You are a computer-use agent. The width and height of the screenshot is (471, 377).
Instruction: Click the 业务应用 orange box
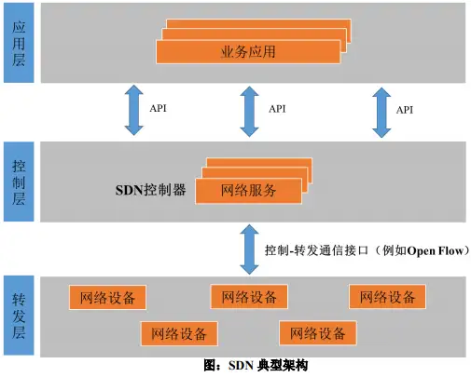(248, 52)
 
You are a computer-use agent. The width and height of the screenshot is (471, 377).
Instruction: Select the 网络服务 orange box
(248, 191)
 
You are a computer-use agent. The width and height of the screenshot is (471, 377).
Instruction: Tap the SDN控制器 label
(151, 190)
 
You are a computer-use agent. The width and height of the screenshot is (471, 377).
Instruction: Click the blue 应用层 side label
(19, 43)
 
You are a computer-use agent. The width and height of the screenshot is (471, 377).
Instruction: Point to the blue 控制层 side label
(19, 182)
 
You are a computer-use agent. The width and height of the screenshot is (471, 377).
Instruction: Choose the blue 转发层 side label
(19, 316)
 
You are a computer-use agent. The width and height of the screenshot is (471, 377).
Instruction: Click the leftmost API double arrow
(133, 110)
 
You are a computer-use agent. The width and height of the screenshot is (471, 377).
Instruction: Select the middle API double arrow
(249, 112)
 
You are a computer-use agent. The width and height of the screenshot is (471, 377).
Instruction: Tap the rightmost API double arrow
(381, 113)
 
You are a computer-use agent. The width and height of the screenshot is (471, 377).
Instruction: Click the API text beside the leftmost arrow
(159, 108)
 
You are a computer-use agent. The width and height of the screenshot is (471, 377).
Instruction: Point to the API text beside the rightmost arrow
(405, 110)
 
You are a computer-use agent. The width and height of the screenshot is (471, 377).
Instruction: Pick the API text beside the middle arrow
(277, 109)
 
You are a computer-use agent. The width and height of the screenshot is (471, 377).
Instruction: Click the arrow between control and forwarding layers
(249, 249)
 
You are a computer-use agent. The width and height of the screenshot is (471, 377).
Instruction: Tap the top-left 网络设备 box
(107, 298)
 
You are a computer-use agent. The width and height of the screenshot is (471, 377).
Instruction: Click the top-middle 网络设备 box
(249, 297)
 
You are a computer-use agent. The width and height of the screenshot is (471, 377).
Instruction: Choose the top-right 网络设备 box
(387, 297)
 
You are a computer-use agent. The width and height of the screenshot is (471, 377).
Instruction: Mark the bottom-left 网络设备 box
(179, 333)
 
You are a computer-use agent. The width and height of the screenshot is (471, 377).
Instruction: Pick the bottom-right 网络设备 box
(318, 333)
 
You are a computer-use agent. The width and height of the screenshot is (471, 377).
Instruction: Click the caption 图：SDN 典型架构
(256, 366)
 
